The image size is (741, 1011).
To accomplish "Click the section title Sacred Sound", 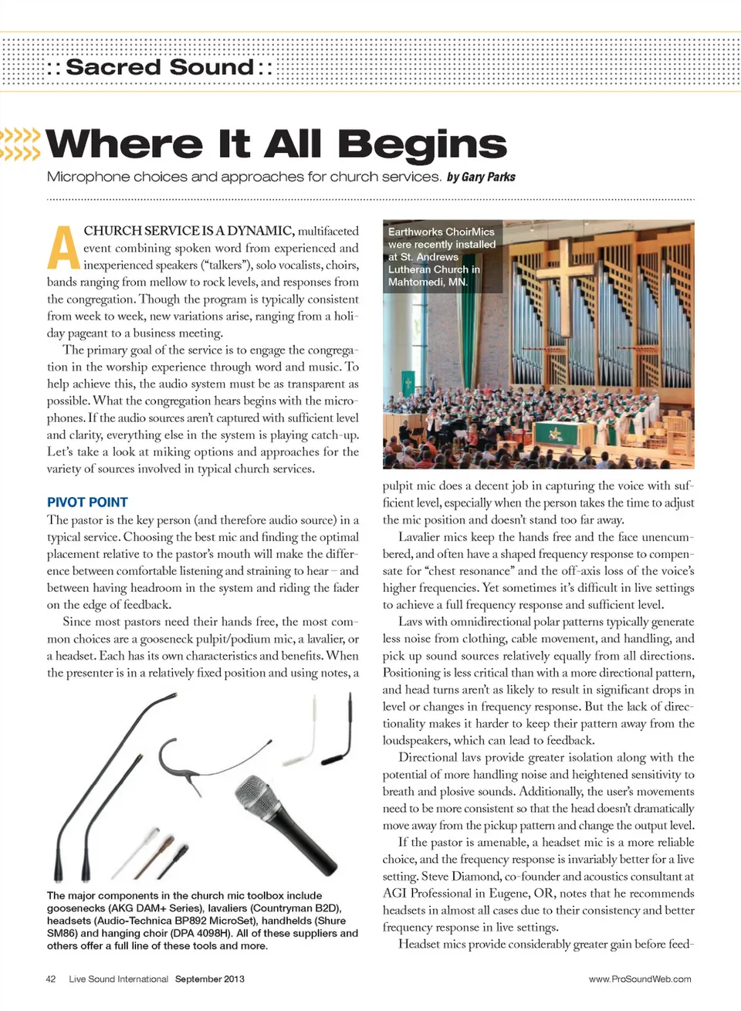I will click(160, 67).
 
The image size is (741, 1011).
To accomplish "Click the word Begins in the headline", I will click(421, 144).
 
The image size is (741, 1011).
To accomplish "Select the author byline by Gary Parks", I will click(481, 177).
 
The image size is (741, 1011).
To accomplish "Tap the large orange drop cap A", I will click(63, 249).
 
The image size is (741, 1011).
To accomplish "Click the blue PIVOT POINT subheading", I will click(87, 502).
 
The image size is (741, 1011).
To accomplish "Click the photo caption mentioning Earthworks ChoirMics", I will click(442, 256).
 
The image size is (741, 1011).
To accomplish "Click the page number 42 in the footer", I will click(51, 979).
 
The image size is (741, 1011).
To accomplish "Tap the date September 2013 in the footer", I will click(209, 979).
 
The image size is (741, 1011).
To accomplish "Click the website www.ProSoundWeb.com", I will click(640, 979).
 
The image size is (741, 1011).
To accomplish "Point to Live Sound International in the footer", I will click(118, 979).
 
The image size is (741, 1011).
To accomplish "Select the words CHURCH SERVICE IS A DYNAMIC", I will click(188, 231).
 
